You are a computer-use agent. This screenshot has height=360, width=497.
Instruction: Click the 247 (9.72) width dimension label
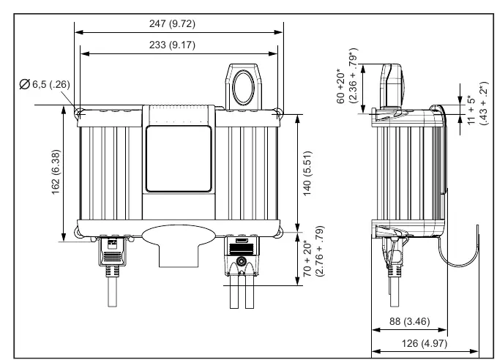(x=172, y=23)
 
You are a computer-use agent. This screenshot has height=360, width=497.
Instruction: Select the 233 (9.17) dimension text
(x=172, y=45)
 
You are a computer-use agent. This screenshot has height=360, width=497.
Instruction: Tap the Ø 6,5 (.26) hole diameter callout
(x=45, y=84)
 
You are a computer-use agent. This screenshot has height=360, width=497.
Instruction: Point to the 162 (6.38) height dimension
(x=56, y=172)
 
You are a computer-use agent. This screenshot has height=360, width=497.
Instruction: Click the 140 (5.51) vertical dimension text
(x=307, y=173)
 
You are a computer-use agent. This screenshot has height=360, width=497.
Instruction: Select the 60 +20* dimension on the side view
(x=341, y=86)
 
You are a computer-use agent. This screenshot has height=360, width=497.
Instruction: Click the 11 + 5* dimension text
(x=472, y=110)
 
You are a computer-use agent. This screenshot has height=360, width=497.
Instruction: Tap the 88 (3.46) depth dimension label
(x=409, y=321)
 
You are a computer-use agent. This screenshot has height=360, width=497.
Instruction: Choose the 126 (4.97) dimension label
(x=425, y=343)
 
